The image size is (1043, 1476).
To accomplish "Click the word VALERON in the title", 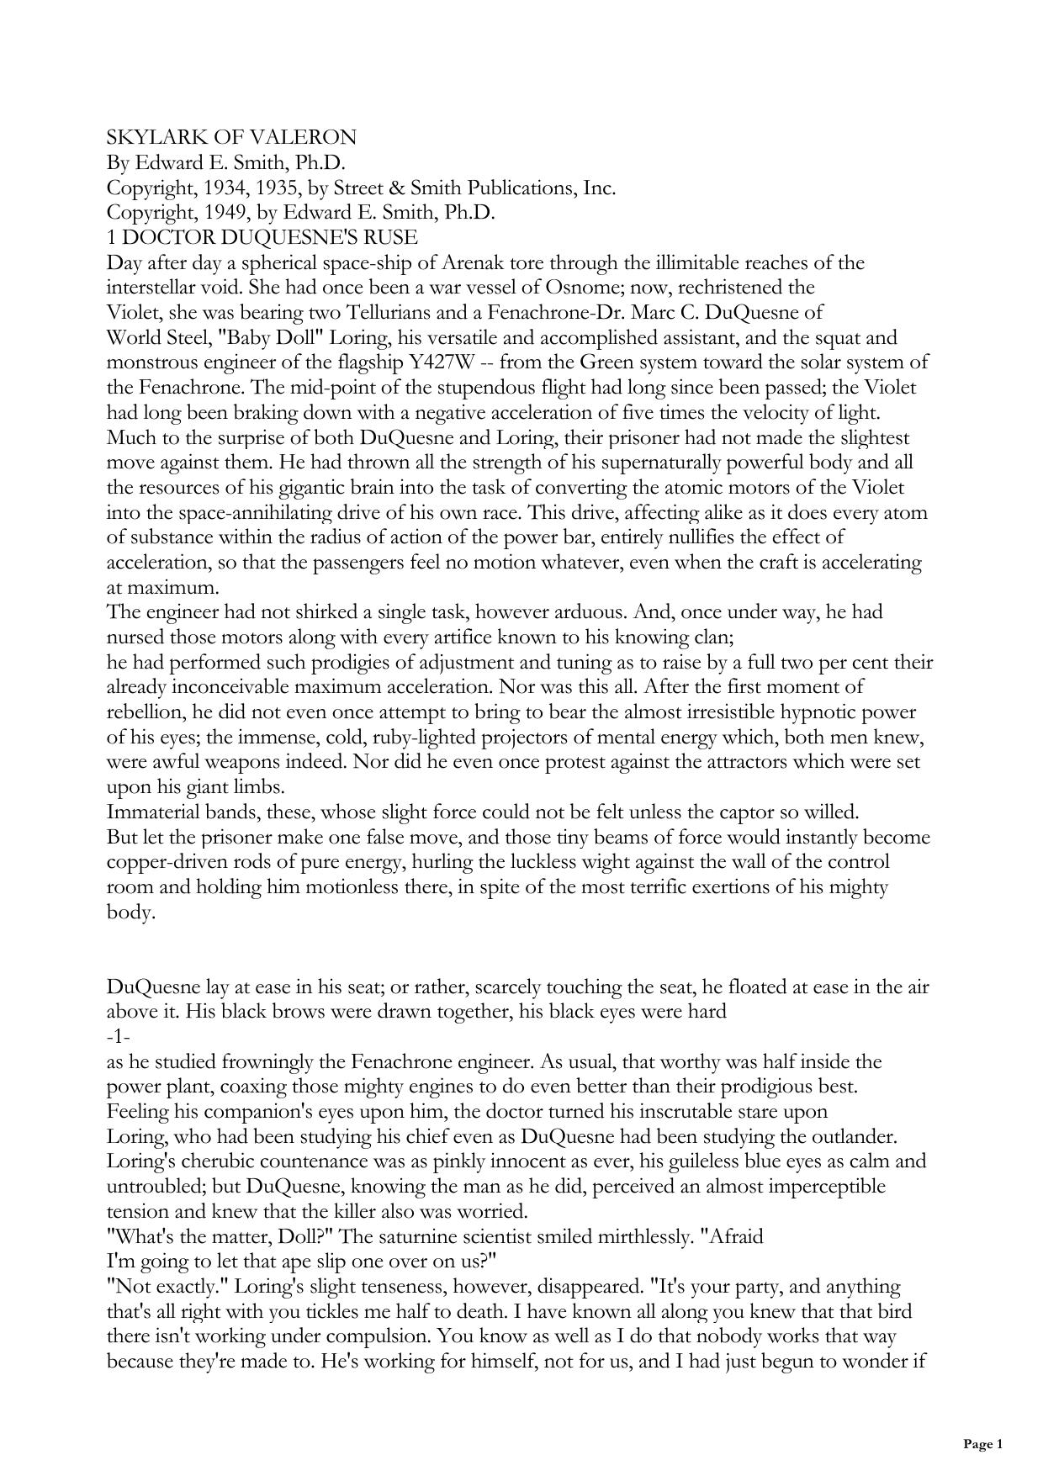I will (x=306, y=138).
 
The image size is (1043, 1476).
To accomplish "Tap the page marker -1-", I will (x=118, y=1037).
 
